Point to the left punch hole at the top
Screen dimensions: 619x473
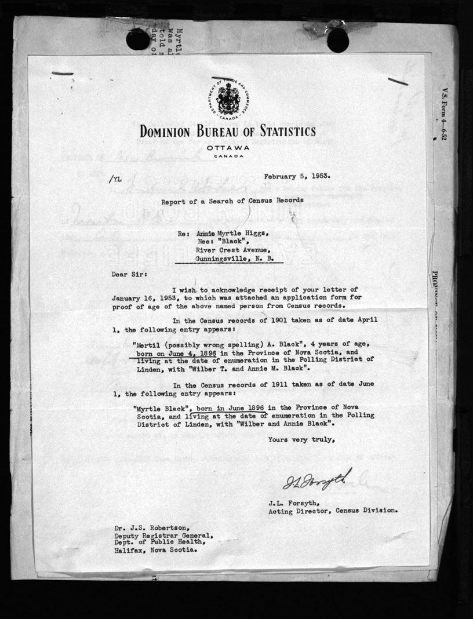137,38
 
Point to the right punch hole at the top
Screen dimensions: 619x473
337,39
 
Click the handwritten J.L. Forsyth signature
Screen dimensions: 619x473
317,479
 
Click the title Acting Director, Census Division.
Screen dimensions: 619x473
333,511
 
